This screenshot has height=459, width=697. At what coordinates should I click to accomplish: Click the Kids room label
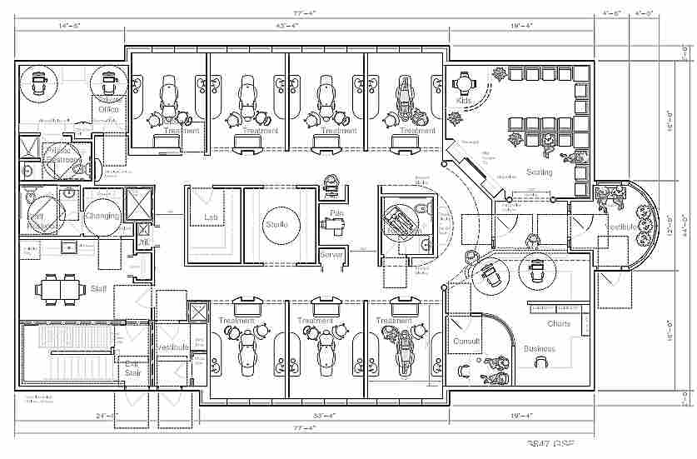464,101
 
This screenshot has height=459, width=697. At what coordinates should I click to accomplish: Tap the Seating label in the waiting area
538,172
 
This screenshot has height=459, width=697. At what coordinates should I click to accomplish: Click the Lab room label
212,218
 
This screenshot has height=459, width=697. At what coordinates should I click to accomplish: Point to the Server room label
331,253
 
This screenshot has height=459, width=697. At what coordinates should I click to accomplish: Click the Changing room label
102,216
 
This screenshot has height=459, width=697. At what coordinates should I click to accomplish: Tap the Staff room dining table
60,288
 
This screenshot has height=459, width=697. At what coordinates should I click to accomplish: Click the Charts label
558,323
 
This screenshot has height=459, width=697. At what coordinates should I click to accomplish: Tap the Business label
539,349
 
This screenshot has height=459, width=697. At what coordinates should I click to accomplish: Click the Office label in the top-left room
108,109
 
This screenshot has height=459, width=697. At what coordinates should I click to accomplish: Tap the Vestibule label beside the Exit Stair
172,346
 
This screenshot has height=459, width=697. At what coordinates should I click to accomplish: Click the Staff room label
98,288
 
